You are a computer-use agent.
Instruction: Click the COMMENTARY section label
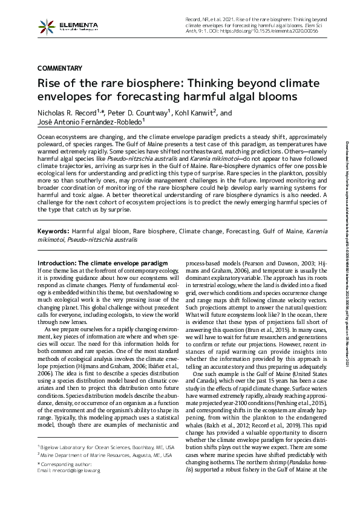pos(61,67)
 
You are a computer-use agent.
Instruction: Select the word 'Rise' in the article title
pos(50,83)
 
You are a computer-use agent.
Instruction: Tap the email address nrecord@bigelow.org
pos(69,470)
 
